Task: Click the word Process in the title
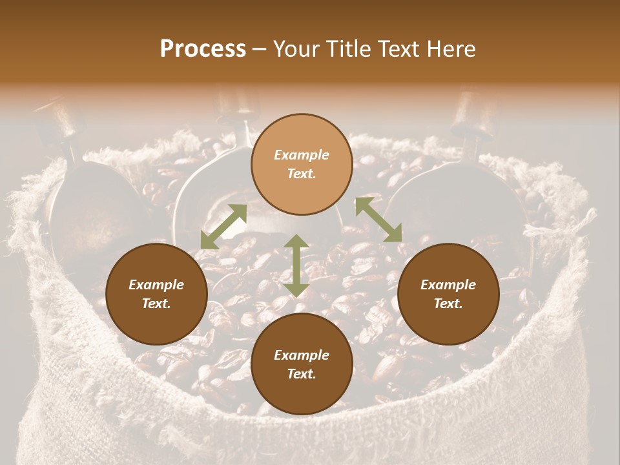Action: pyautogui.click(x=203, y=49)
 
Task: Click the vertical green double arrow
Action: pyautogui.click(x=296, y=265)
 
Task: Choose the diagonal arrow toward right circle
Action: pyautogui.click(x=378, y=220)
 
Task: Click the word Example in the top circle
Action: pyautogui.click(x=302, y=155)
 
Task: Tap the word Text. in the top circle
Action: pyautogui.click(x=302, y=174)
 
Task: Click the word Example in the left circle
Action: pyautogui.click(x=156, y=285)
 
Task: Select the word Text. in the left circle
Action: pyautogui.click(x=156, y=304)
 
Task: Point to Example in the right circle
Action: pyautogui.click(x=448, y=285)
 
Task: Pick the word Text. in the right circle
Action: pyautogui.click(x=448, y=304)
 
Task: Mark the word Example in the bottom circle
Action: pyautogui.click(x=302, y=355)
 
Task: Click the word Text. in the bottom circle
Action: pyautogui.click(x=302, y=374)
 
